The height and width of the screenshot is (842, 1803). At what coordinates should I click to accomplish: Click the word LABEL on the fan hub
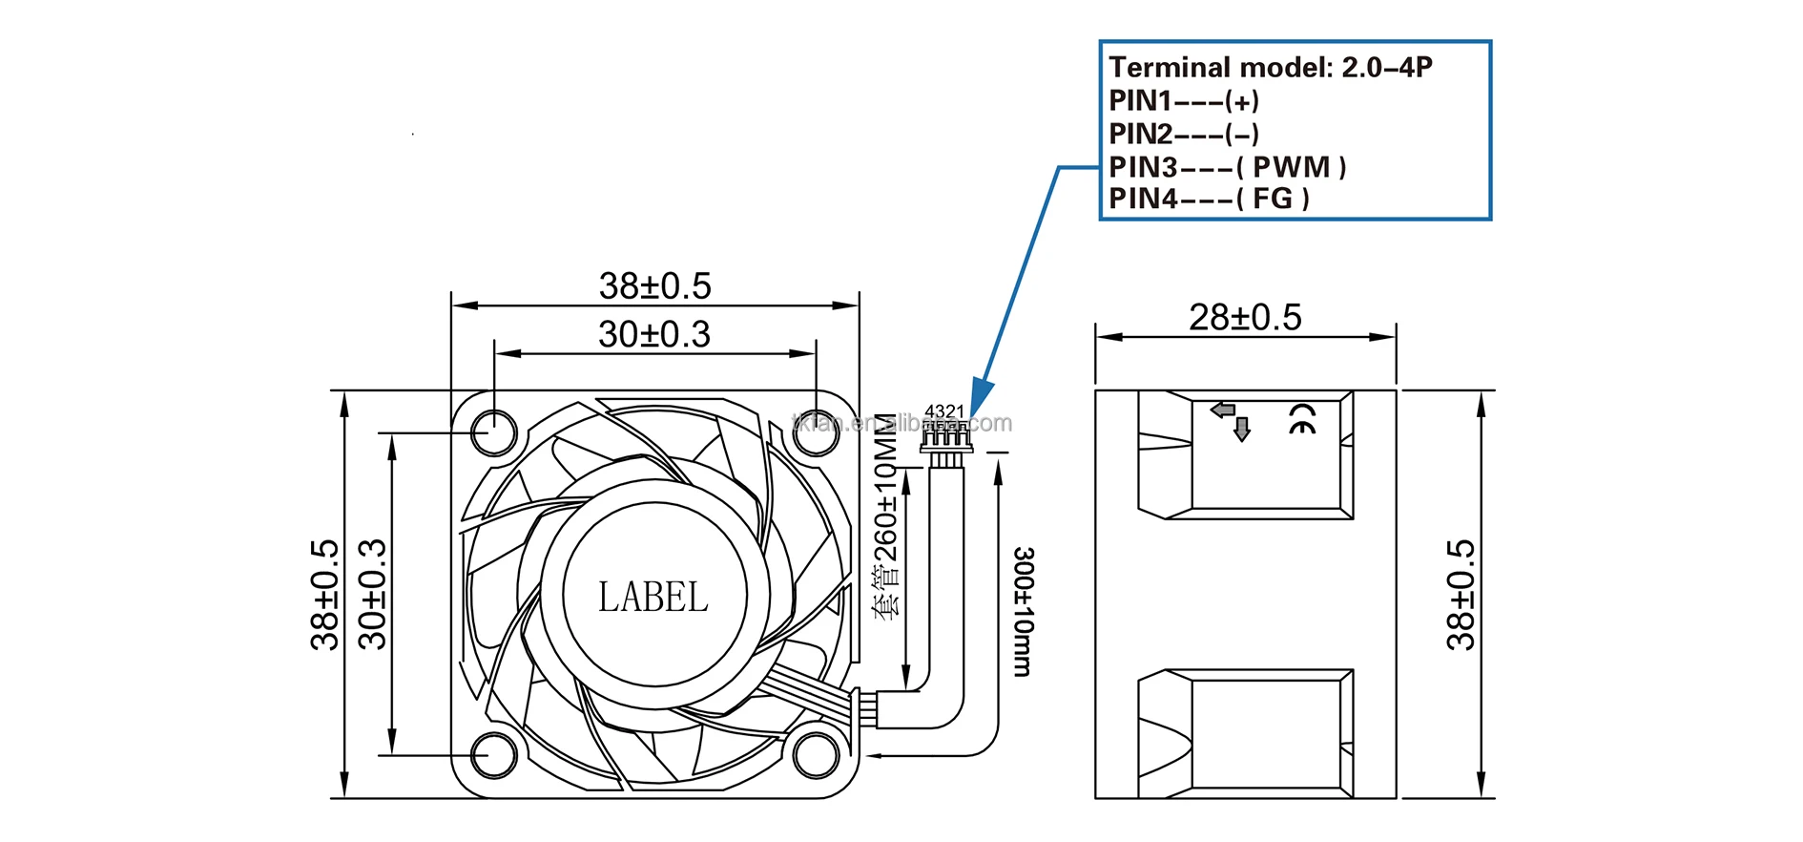coord(653,598)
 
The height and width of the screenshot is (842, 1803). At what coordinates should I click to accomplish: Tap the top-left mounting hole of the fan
coord(493,432)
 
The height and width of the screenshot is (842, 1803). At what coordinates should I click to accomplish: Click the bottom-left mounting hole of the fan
coord(493,757)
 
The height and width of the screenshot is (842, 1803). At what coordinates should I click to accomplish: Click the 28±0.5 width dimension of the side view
coord(1245,318)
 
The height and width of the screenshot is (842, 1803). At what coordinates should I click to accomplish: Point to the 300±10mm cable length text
coord(1023,612)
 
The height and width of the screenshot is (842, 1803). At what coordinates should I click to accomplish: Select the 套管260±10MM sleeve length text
coord(887,516)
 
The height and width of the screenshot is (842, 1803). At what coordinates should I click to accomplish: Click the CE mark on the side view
coord(1302,418)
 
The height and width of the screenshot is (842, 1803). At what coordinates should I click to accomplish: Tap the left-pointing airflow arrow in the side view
coord(1222,410)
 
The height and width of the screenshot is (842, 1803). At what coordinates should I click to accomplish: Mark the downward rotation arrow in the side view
coord(1241,430)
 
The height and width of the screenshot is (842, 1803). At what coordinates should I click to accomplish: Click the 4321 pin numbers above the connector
coord(944,411)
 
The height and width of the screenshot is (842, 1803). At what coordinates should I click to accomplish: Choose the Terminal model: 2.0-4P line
coord(1270,68)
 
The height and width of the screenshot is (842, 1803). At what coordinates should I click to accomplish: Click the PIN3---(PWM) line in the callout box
coord(1227,167)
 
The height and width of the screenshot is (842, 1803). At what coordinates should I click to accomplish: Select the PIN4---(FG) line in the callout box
coord(1209,199)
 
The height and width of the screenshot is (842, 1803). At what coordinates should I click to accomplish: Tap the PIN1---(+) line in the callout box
coord(1184,100)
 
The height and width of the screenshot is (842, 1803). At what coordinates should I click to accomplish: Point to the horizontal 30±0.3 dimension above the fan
coord(654,334)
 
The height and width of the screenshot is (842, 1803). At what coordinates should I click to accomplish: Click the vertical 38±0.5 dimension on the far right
coord(1460,595)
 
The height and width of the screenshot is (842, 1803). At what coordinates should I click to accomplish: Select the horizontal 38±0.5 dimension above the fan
coord(654,285)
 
